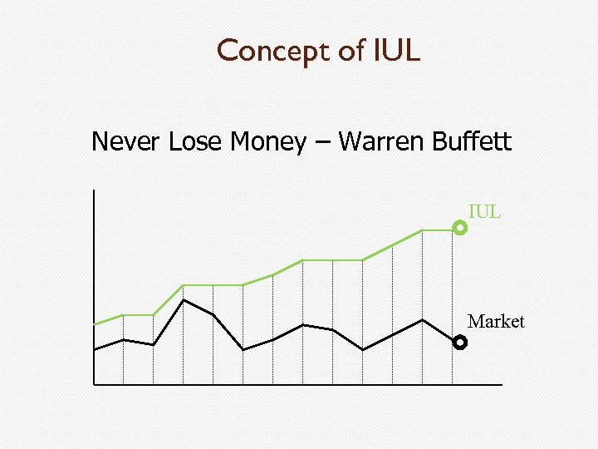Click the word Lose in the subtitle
[x=189, y=142]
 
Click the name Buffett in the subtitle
[x=471, y=142]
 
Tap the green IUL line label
[x=484, y=211]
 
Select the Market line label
[x=496, y=321]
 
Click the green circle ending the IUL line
[x=460, y=227]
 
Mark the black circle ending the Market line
[x=460, y=342]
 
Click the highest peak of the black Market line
[x=184, y=299]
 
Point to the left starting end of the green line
[x=96, y=323]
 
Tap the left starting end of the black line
[x=96, y=349]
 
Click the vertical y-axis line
[x=95, y=249]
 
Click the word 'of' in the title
[x=346, y=52]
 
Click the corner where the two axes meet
[x=95, y=385]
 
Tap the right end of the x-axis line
[x=501, y=385]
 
